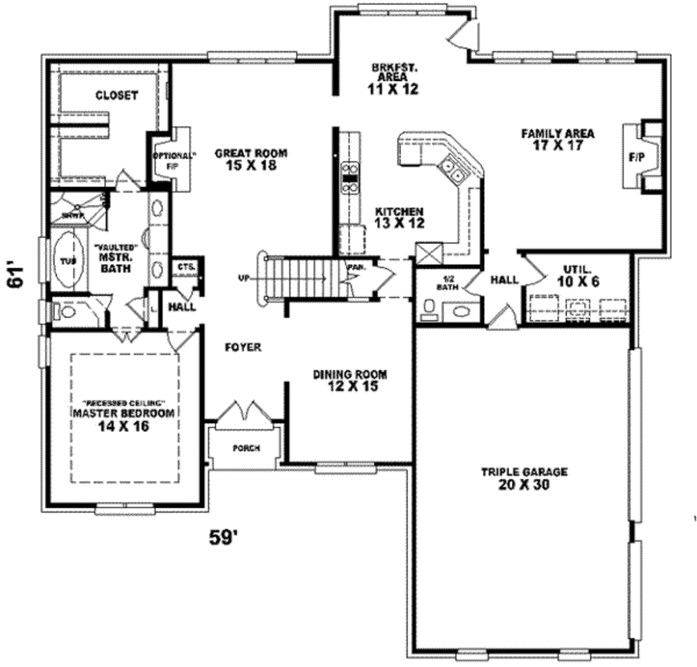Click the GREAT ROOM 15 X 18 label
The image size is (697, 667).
coord(250,159)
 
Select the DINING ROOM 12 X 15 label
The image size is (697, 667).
coord(350,380)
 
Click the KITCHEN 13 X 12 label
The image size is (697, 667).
coord(400,217)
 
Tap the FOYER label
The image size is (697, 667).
coord(243,347)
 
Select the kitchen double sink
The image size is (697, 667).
coord(452,171)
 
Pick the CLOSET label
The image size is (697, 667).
coord(116,96)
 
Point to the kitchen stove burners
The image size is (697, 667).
coord(351,175)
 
